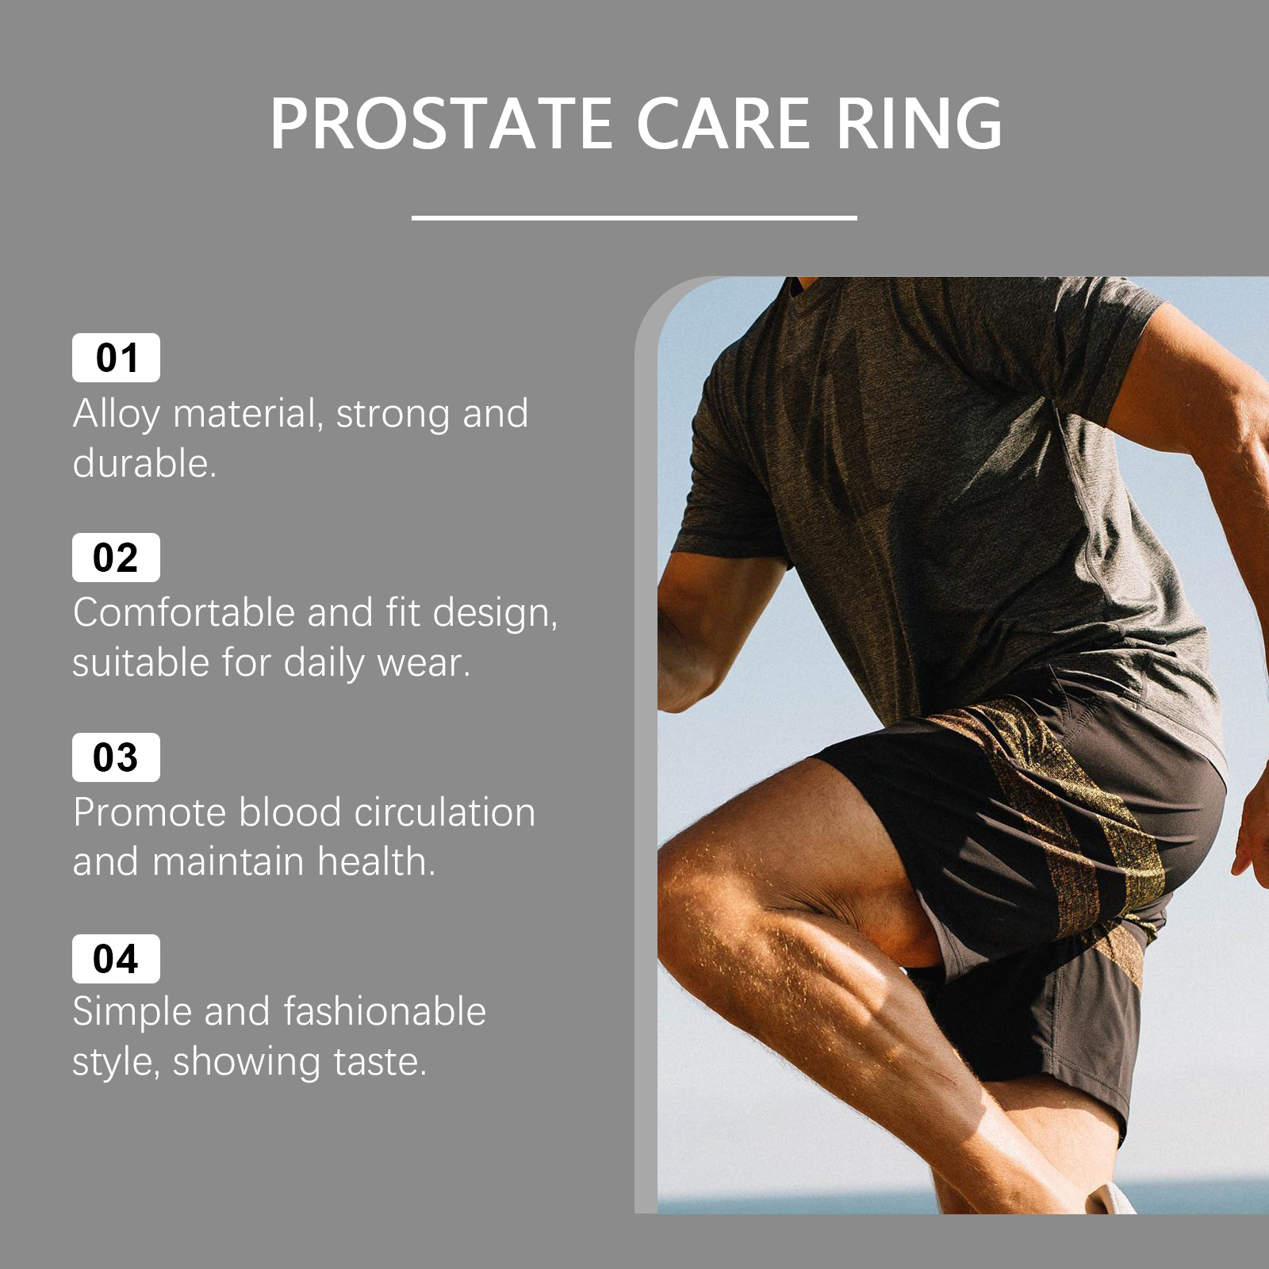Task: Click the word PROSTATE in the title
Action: tap(442, 124)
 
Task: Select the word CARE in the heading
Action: tap(723, 124)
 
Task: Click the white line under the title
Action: tap(634, 217)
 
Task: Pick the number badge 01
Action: tap(116, 358)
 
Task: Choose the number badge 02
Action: tap(116, 558)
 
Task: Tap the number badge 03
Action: tap(116, 757)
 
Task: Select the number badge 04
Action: tap(116, 959)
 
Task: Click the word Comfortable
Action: tap(183, 613)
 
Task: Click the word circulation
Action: tap(445, 813)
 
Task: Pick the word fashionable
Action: tap(385, 1012)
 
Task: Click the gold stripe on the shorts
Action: tap(1055, 817)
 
